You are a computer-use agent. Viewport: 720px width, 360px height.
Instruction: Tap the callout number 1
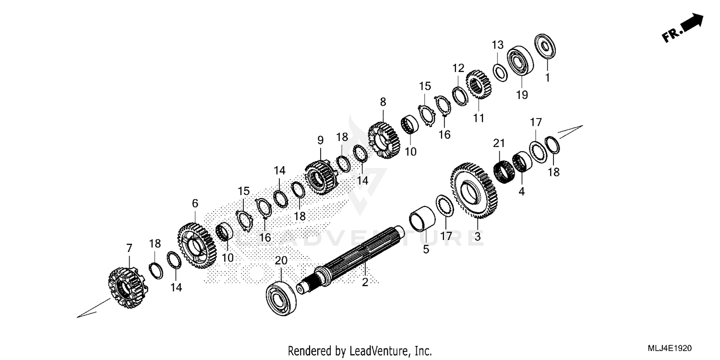[x=547, y=77]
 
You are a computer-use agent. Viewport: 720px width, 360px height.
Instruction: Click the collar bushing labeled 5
[x=422, y=218]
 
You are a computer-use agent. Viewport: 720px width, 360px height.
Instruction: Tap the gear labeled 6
[x=196, y=245]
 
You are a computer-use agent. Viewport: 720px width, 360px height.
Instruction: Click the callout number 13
[x=497, y=45]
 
